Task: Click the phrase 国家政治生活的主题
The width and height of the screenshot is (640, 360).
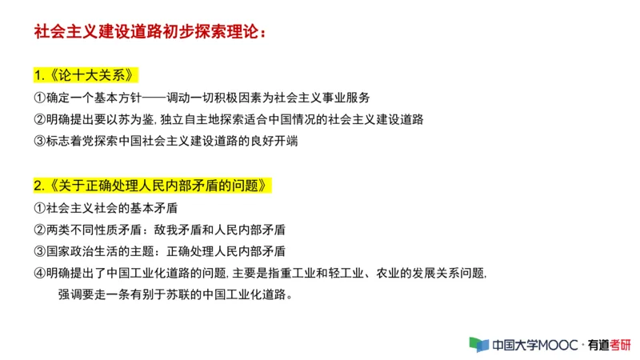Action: click(x=98, y=251)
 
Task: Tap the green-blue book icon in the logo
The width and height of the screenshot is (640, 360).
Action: click(x=478, y=345)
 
